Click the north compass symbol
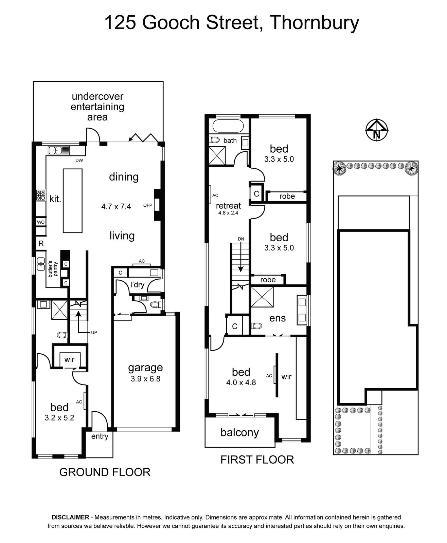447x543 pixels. tap(377, 130)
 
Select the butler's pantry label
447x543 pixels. tap(53, 269)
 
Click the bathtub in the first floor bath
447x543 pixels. tap(228, 126)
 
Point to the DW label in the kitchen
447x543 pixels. tap(79, 161)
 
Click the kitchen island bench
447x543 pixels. tap(73, 201)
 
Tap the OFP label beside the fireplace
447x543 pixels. tap(148, 205)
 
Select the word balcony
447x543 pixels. tap(239, 432)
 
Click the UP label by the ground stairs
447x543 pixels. tap(94, 332)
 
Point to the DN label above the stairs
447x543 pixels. tap(241, 239)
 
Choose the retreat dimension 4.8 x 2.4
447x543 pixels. tap(228, 213)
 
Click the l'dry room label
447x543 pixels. tap(137, 285)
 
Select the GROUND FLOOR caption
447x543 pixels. tap(105, 472)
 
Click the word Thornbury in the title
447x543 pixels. tap(315, 23)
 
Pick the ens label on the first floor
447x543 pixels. tap(278, 318)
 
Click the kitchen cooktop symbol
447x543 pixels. tap(41, 195)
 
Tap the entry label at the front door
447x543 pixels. tap(100, 436)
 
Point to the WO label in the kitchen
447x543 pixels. tap(41, 222)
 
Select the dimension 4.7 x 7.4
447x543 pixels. tap(116, 206)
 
